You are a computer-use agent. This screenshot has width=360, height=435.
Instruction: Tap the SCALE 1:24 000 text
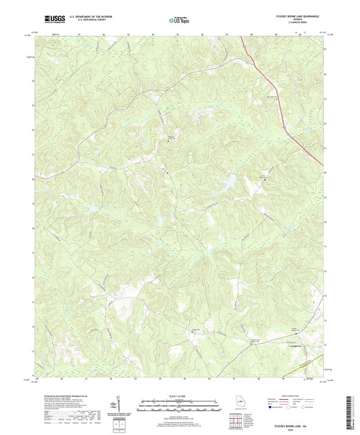[x=179, y=395]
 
